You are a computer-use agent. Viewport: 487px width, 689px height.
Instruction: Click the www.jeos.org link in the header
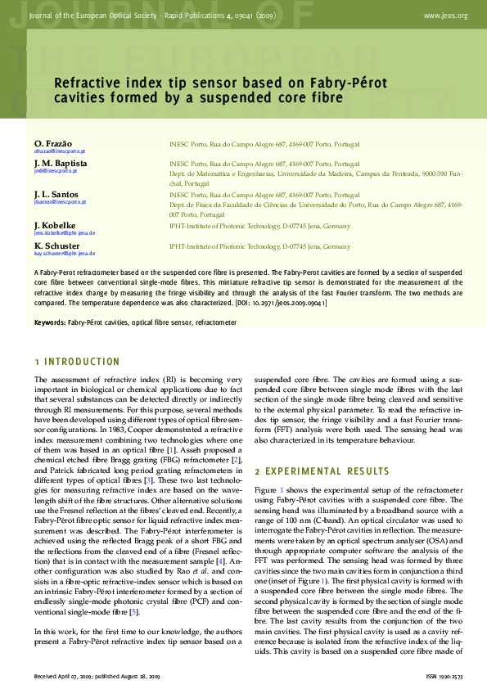pos(446,16)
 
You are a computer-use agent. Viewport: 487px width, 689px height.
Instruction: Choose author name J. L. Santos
pos(56,194)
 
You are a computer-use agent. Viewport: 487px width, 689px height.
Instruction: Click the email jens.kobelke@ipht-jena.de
pos(65,232)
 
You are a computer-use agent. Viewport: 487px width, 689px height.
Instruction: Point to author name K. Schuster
pos(56,245)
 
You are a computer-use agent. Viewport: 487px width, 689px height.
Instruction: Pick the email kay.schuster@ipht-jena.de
pos(65,254)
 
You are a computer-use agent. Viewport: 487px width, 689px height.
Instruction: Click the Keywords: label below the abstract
pos(49,322)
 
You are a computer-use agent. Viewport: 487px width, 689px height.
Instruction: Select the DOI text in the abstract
pos(280,302)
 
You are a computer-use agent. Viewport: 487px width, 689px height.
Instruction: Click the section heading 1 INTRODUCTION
pos(77,362)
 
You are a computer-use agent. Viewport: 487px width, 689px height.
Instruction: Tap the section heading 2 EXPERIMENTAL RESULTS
pos(322,471)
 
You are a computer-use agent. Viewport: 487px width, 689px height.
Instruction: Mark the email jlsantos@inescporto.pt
pos(60,201)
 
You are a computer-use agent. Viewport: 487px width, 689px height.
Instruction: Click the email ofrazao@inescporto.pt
pos(60,151)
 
